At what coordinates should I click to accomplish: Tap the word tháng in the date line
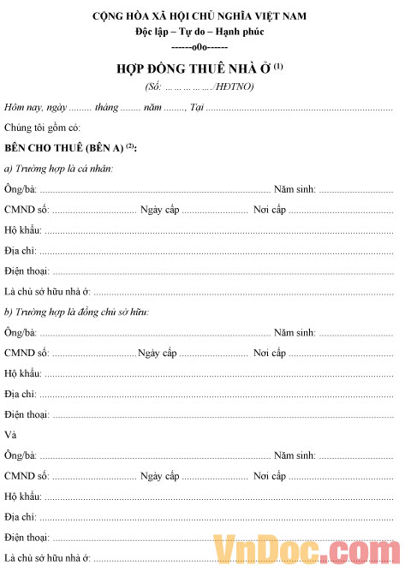(x=106, y=107)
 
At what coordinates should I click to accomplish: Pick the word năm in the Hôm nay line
(x=152, y=107)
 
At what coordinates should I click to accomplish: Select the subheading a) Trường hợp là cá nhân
(x=59, y=169)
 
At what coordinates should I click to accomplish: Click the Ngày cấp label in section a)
(x=158, y=210)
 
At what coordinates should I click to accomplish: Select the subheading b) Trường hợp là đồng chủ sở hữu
(x=76, y=312)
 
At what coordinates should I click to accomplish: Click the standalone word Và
(x=10, y=435)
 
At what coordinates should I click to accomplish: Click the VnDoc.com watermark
(x=303, y=549)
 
